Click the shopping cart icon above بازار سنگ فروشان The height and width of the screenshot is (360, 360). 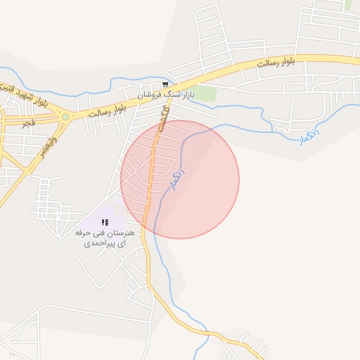pos(165,84)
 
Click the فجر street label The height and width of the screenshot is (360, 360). pos(28,123)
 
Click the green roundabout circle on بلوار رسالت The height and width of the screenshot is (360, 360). pos(65,117)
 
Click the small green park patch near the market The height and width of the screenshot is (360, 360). pos(204,94)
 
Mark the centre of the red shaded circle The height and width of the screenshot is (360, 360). pos(180,179)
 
